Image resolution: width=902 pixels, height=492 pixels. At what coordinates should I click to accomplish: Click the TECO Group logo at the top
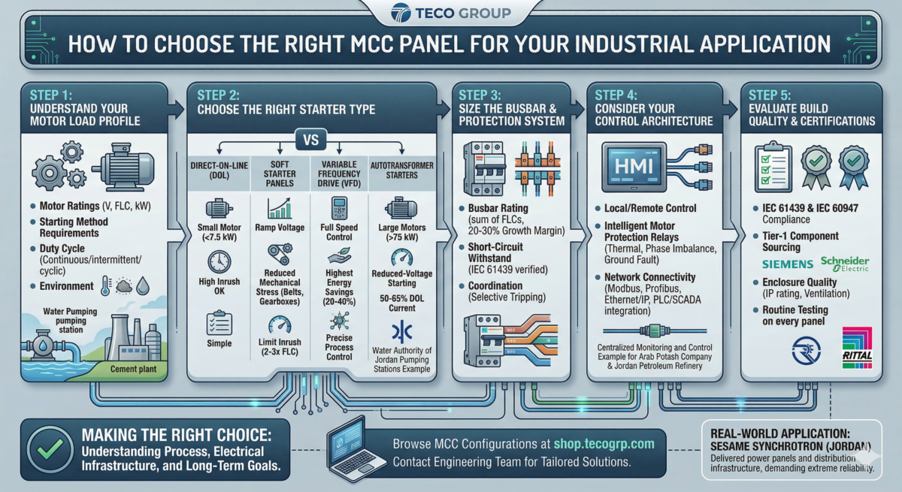pos(451,13)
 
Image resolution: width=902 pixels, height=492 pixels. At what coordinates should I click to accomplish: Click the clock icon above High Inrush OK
pos(219,261)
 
